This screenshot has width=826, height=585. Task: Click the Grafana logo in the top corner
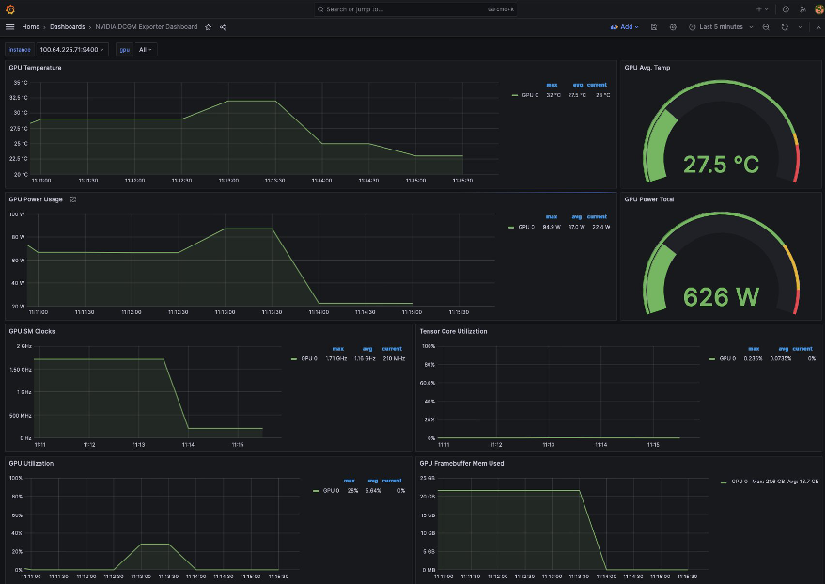pos(9,8)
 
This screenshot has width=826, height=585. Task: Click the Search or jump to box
pos(404,8)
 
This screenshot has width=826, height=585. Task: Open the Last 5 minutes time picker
pos(721,27)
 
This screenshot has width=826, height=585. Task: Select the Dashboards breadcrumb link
pos(67,27)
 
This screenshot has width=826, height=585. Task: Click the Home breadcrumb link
pos(30,27)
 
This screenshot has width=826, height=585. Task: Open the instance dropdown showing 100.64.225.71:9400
pos(71,49)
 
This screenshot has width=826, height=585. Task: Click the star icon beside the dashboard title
pos(209,27)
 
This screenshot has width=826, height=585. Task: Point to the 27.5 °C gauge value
pos(721,165)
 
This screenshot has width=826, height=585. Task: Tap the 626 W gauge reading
pos(721,297)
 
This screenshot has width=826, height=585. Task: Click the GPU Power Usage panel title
pos(36,199)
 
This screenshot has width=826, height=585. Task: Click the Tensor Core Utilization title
pos(453,331)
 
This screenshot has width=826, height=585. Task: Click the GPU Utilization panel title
pos(31,463)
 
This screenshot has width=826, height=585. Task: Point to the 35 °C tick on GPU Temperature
pos(20,82)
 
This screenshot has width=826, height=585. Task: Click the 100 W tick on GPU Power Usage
pos(18,214)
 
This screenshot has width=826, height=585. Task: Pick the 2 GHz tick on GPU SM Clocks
pos(23,346)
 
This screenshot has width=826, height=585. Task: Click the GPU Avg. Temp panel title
pos(647,68)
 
